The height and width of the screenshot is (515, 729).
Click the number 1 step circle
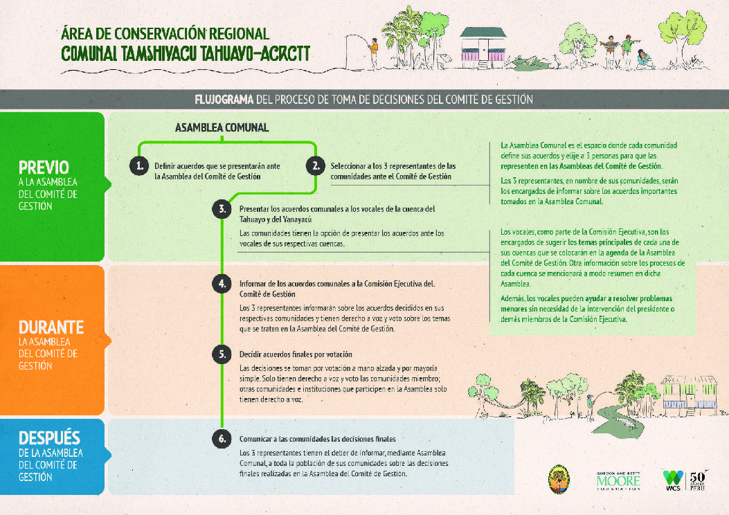[x=139, y=166]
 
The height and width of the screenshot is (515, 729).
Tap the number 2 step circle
[x=315, y=166]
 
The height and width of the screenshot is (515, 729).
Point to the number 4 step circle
[x=222, y=284]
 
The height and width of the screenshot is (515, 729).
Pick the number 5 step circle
[x=222, y=354]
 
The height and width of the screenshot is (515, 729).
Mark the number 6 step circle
[x=222, y=438]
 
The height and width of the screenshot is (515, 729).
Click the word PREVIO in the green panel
[x=44, y=168]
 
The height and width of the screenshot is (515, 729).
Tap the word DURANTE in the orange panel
[x=51, y=327]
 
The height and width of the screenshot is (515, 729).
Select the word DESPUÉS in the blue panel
[x=49, y=438]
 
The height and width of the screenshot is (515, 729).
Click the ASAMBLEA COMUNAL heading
[x=222, y=128]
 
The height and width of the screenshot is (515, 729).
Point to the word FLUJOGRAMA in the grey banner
[x=224, y=99]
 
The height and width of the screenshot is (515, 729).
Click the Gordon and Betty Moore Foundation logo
[x=618, y=480]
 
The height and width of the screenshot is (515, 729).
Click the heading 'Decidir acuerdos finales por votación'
[x=291, y=354]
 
